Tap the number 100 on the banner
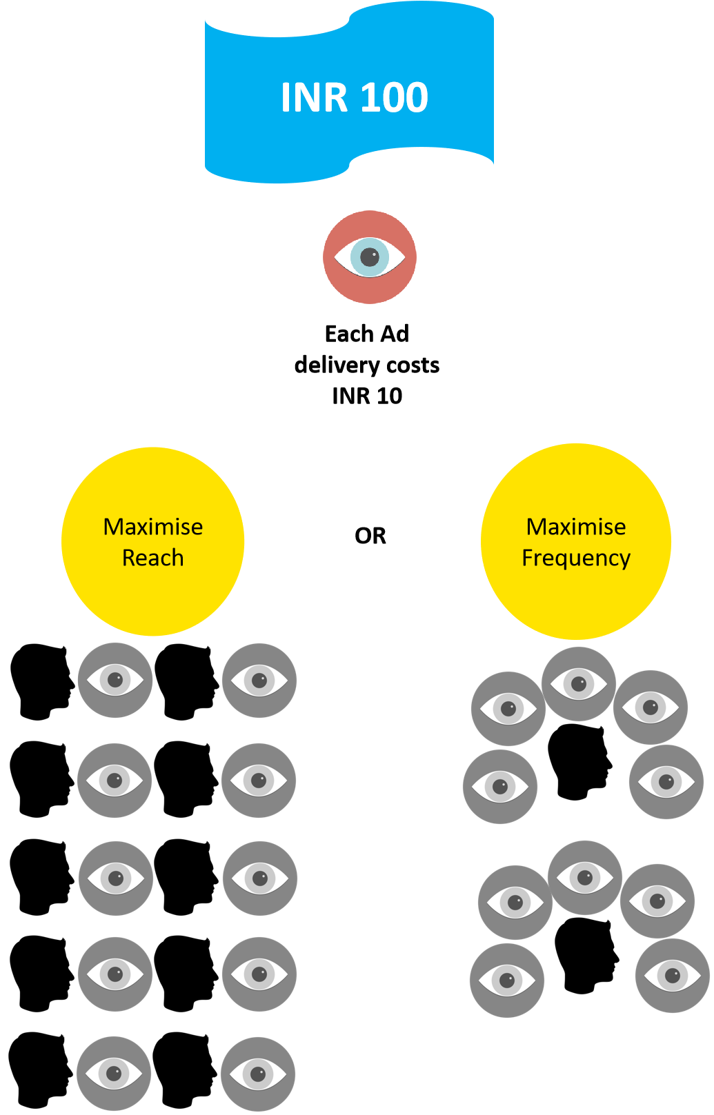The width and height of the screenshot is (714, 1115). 394,97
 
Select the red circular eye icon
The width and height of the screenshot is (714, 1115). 370,257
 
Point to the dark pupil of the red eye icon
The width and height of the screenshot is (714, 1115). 370,257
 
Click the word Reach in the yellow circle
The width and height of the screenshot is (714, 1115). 152,558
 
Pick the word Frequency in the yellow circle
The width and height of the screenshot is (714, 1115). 576,558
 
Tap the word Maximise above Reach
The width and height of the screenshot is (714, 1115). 152,527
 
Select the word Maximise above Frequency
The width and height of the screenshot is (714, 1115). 576,527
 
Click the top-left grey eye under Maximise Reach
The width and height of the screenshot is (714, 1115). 115,681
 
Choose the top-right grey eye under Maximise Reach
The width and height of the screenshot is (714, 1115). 259,681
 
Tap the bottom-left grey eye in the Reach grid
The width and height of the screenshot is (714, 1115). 114,1074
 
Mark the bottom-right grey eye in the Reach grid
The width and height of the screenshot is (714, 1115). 258,1074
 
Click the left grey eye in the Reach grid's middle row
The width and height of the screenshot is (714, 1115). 116,878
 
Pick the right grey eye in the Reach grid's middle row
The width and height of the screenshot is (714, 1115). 260,878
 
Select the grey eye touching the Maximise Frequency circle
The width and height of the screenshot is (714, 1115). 579,684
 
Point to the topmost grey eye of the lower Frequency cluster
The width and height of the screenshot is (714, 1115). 585,878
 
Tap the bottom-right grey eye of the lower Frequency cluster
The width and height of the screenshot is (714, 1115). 673,976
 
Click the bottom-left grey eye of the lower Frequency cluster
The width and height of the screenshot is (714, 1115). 507,981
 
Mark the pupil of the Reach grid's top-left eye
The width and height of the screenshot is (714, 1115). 115,680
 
